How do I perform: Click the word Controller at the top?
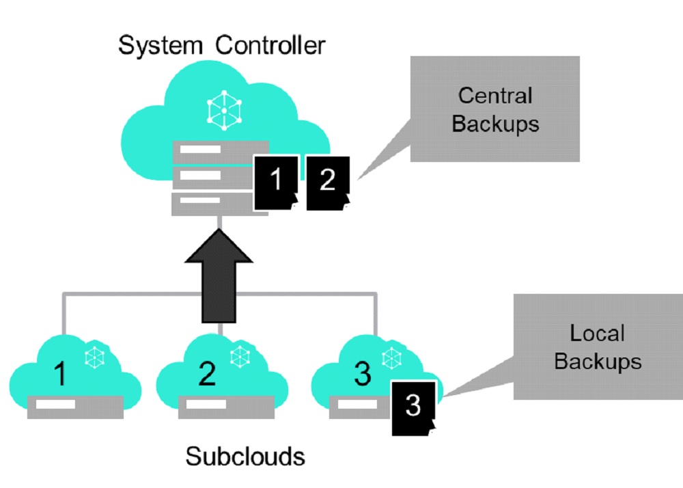point(270,46)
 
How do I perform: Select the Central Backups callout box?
point(494,109)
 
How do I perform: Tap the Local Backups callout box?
point(597,347)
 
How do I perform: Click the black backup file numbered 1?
point(276,182)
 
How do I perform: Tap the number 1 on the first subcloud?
point(61,375)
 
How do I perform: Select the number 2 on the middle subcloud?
point(208,375)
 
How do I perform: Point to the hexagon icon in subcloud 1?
point(94,356)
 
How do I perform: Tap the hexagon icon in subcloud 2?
point(240,356)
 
